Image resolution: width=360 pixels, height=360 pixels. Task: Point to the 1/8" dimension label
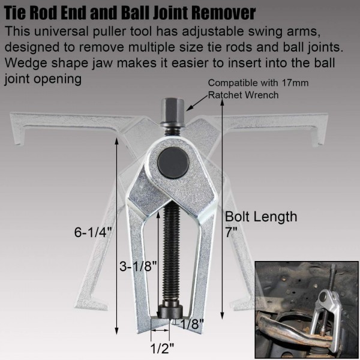(x=192, y=323)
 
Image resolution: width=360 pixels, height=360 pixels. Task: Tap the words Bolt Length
(x=261, y=217)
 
